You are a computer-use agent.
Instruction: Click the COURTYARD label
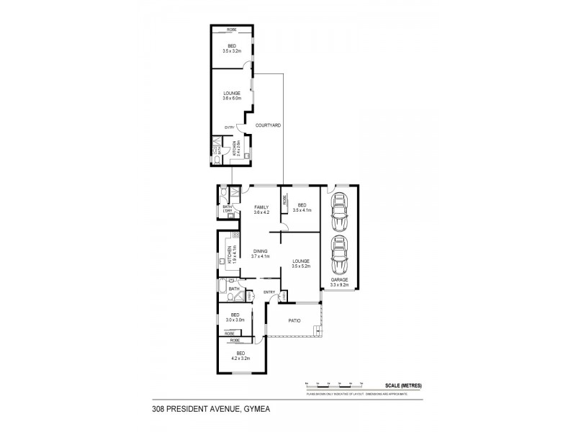pos(268,125)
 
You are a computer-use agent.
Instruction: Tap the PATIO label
pos(294,321)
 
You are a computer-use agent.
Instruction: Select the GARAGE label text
pos(339,279)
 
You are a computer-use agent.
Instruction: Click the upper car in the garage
pos(338,210)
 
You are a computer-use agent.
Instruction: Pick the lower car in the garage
pos(338,252)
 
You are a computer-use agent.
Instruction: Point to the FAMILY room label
pos(261,207)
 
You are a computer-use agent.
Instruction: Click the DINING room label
pos(261,251)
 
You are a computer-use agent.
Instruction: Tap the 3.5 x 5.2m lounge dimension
pos(300,266)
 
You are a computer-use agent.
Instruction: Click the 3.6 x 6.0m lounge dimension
pos(232,97)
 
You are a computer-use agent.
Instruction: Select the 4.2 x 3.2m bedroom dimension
pos(240,358)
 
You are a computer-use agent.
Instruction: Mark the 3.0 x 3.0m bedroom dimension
pos(235,320)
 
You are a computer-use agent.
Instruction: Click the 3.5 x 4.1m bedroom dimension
pos(302,210)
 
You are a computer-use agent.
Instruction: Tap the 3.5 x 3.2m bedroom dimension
pos(232,51)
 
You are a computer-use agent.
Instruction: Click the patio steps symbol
pos(318,330)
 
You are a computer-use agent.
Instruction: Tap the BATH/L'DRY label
pos(228,209)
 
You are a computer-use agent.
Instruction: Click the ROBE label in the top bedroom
pos(232,30)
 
